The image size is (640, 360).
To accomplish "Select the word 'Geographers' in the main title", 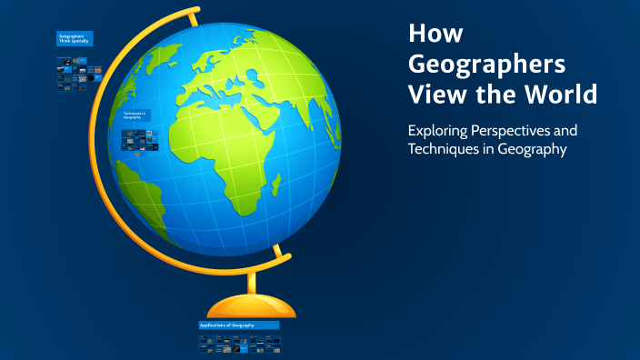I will click(x=486, y=65).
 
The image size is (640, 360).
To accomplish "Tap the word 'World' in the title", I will click(x=563, y=94).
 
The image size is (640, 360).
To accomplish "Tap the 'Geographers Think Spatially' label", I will click(x=74, y=39).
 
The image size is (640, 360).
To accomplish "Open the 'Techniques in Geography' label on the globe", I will click(x=137, y=115).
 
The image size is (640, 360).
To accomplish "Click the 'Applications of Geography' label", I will click(x=238, y=325).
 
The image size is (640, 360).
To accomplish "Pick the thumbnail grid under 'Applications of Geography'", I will click(x=239, y=344).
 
